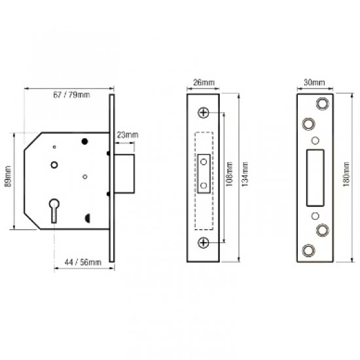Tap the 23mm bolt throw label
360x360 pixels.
click(x=127, y=135)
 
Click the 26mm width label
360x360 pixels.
click(x=204, y=83)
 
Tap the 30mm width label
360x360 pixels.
click(x=315, y=83)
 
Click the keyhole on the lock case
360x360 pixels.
click(x=53, y=211)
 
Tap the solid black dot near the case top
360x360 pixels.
click(x=84, y=141)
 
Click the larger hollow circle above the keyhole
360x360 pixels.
click(x=54, y=164)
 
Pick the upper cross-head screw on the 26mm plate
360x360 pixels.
click(x=205, y=113)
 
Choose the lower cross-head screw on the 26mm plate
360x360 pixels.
click(x=205, y=243)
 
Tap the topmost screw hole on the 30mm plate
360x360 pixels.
click(x=322, y=103)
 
